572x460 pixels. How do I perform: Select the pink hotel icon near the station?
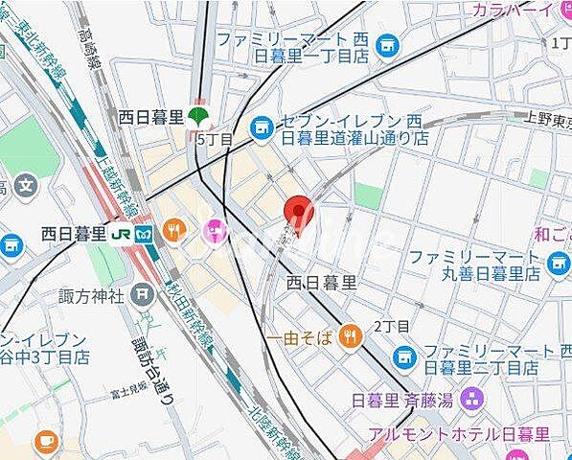click(213, 231)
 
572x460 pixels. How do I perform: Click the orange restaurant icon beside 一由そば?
click(352, 335)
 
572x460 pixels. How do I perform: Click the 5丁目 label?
click(214, 139)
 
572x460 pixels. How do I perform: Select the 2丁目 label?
click(391, 326)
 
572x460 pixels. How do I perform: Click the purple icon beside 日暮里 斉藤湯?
click(472, 396)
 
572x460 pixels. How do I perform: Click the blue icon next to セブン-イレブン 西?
click(260, 125)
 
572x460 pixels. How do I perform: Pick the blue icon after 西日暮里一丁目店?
click(387, 43)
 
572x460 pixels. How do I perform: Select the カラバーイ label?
click(514, 10)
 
